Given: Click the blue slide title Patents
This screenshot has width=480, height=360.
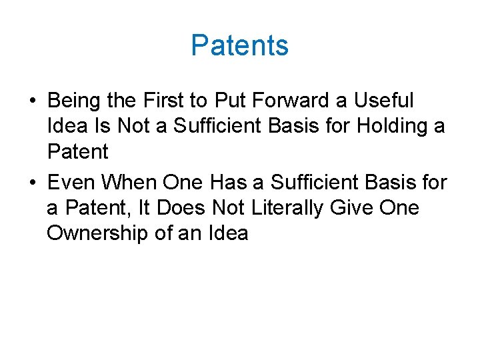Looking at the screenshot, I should [x=239, y=45].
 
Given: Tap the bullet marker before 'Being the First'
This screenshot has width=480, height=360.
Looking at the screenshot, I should [x=33, y=102].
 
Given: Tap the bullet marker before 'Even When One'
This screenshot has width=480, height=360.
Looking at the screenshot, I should [x=33, y=183].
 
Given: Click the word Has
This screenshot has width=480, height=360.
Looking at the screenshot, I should [x=230, y=182].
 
